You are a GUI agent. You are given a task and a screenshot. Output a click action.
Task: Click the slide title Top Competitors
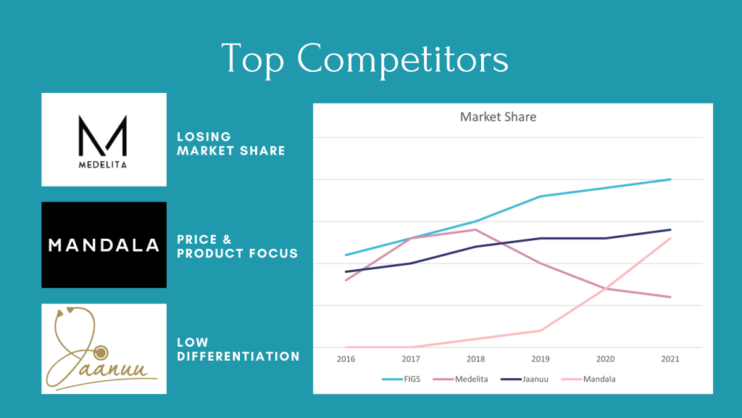tap(364, 58)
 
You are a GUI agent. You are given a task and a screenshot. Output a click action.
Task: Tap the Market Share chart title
tap(499, 117)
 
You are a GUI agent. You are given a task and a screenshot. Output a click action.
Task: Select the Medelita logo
tap(104, 139)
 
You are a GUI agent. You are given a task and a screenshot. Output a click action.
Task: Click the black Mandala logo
tap(104, 245)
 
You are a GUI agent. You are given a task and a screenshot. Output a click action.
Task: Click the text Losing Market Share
tap(231, 144)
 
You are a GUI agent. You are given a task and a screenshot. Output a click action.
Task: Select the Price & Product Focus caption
tap(237, 247)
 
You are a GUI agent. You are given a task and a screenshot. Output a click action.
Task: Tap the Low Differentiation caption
tap(238, 349)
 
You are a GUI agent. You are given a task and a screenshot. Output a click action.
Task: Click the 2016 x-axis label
tap(345, 358)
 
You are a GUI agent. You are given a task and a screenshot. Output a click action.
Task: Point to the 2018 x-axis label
tap(475, 358)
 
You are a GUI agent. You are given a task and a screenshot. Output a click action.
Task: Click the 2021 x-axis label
tap(670, 358)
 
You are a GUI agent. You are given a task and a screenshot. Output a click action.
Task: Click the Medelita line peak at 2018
tap(475, 230)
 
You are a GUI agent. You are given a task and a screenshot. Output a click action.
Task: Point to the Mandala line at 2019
tap(541, 330)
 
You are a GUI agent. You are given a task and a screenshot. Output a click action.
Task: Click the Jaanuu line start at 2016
tap(346, 271)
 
